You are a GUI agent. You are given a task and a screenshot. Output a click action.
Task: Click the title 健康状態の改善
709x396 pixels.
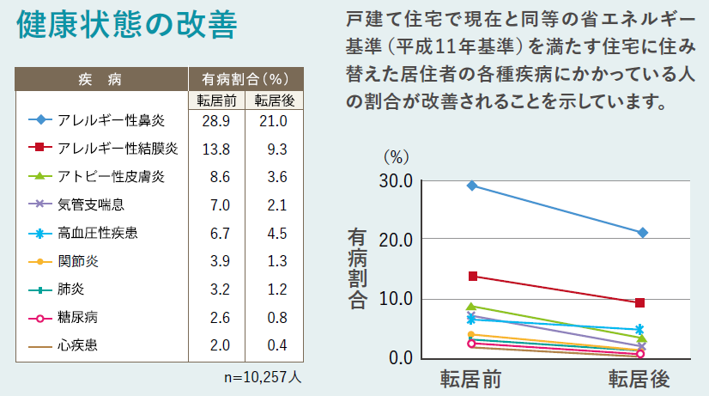[125, 26]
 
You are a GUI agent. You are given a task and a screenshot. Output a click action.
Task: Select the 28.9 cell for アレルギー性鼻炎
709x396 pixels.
[215, 120]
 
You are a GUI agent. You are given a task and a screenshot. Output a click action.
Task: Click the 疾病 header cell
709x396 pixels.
[102, 81]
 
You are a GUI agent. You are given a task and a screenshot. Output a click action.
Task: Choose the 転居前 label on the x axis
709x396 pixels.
[471, 379]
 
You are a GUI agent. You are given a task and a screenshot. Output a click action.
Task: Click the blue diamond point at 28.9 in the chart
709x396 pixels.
[471, 186]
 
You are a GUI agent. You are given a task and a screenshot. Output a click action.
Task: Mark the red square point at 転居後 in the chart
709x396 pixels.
[640, 302]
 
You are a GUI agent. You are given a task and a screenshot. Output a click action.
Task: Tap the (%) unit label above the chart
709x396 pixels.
[396, 156]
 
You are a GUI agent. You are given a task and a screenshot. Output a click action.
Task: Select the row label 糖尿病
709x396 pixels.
[77, 317]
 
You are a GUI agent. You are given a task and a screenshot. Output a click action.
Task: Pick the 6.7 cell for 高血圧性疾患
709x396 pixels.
[215, 233]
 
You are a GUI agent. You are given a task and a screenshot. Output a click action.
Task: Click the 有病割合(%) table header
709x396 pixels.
[245, 81]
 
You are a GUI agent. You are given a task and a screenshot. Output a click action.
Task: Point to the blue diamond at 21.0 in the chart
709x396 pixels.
[642, 233]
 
